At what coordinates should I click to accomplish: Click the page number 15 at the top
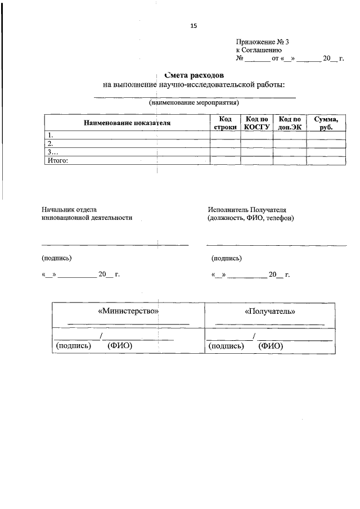[194, 25]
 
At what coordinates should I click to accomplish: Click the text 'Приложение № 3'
[263, 42]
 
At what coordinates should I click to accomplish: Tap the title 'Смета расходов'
[194, 75]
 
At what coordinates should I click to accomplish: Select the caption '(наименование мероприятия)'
[194, 103]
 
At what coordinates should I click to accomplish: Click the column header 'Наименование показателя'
[127, 123]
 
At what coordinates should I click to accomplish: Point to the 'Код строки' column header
[225, 123]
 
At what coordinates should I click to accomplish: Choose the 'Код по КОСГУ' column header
[256, 123]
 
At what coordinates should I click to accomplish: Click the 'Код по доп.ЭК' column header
[290, 123]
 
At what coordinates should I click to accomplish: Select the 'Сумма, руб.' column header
[326, 123]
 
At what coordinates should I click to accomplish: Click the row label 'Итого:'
[58, 160]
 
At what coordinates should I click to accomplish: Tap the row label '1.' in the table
[51, 135]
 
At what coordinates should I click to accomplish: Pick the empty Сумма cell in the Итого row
[326, 160]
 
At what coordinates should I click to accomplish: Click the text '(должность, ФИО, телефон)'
[250, 218]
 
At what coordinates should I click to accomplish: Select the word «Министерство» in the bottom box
[128, 310]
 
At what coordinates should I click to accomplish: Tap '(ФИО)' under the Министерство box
[120, 346]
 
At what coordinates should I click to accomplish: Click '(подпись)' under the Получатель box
[226, 346]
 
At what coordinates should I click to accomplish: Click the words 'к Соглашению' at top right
[255, 50]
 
